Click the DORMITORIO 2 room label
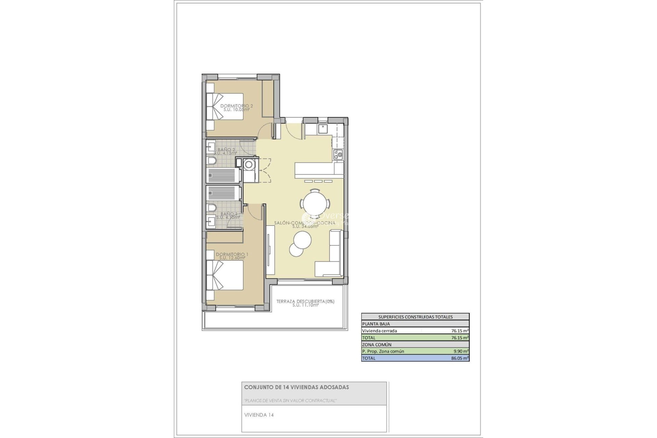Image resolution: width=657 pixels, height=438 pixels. pyautogui.click(x=236, y=106)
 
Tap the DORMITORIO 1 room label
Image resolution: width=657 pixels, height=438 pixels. pyautogui.click(x=232, y=255)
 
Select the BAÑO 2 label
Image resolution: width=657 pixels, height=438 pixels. pyautogui.click(x=226, y=150)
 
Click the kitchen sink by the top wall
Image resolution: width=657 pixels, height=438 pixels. pyautogui.click(x=323, y=129)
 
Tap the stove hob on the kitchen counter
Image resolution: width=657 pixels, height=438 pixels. pyautogui.click(x=338, y=155)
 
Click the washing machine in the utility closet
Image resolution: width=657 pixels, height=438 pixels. pyautogui.click(x=249, y=165)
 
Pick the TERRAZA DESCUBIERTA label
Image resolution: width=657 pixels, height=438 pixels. pyautogui.click(x=305, y=301)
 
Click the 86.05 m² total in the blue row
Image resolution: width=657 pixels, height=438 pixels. pyautogui.click(x=460, y=358)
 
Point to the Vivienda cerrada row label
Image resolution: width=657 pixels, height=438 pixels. pyautogui.click(x=379, y=331)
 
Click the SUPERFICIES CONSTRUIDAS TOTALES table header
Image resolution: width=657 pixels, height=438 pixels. pyautogui.click(x=415, y=317)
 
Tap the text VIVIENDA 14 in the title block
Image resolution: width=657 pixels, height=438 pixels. pyautogui.click(x=259, y=415)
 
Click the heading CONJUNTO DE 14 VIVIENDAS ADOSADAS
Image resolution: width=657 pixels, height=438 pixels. pyautogui.click(x=296, y=387)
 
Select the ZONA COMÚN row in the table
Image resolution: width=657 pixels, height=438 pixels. pyautogui.click(x=377, y=345)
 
